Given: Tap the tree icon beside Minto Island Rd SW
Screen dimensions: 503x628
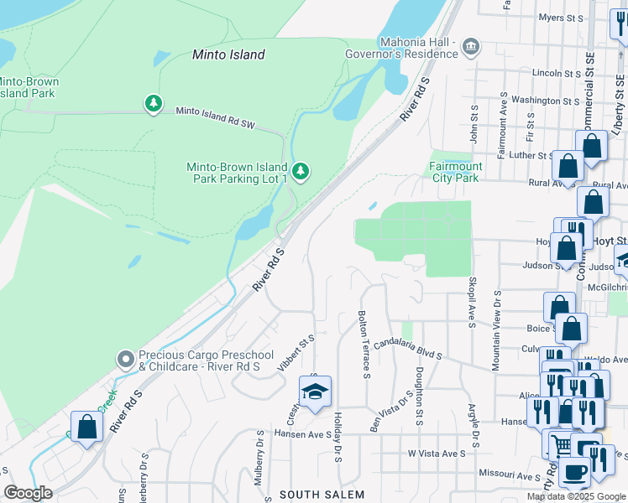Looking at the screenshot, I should pos(153,103).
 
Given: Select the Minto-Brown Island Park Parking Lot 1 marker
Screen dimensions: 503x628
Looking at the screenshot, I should pos(301,172).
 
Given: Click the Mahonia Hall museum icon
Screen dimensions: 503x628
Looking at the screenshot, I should pos(471,48).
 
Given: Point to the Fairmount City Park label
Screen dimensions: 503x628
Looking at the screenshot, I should pos(454,172).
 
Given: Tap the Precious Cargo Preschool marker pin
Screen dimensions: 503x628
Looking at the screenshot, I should pos(126,360).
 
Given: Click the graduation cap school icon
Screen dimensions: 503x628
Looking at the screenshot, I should pos(315,392).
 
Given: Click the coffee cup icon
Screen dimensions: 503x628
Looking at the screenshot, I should pos(574,471).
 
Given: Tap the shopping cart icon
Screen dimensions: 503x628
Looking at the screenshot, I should pos(560,444).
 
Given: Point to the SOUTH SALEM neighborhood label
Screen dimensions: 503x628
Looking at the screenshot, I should pos(322,495).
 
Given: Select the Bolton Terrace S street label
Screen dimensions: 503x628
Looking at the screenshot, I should pos(364,345).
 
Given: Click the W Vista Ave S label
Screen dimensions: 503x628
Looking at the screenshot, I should pos(437,454).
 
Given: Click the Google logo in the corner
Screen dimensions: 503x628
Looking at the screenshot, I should pos(28,493).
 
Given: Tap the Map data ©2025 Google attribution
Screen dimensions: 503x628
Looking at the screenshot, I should pos(576,496).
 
